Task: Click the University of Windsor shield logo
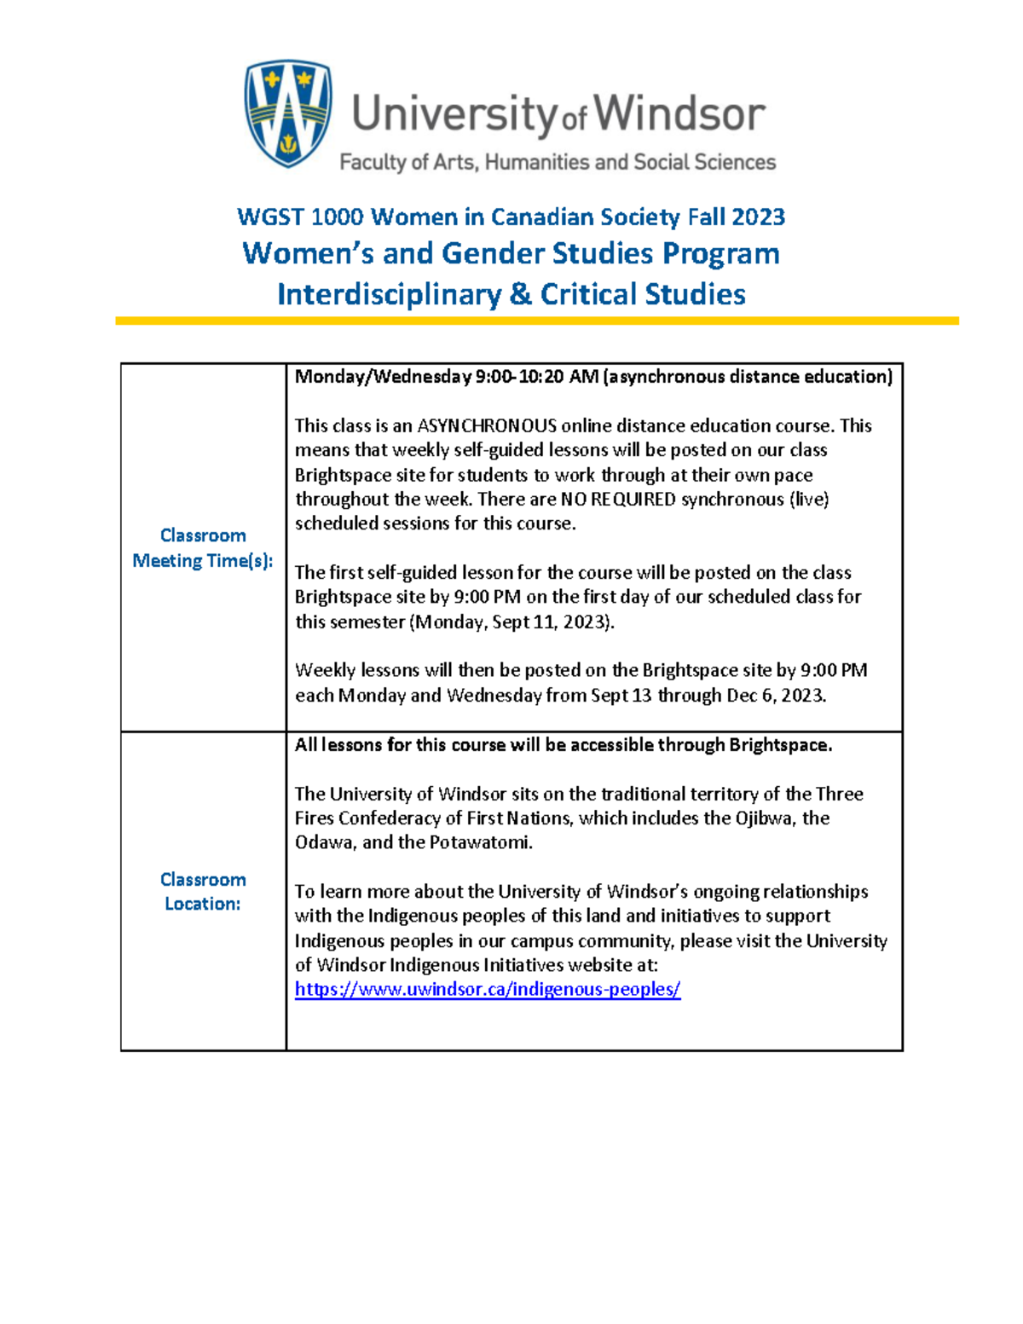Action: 288,113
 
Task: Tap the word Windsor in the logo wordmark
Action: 679,114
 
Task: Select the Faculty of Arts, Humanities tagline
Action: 558,162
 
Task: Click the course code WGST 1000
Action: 300,217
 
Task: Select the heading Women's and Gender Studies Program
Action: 511,253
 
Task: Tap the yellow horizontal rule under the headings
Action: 537,321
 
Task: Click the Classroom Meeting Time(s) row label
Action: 203,547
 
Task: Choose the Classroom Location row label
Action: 203,891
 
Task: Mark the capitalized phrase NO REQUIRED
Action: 617,499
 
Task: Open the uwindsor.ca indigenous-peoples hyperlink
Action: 487,989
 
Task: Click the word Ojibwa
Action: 766,818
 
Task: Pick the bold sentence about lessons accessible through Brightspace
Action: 563,744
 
